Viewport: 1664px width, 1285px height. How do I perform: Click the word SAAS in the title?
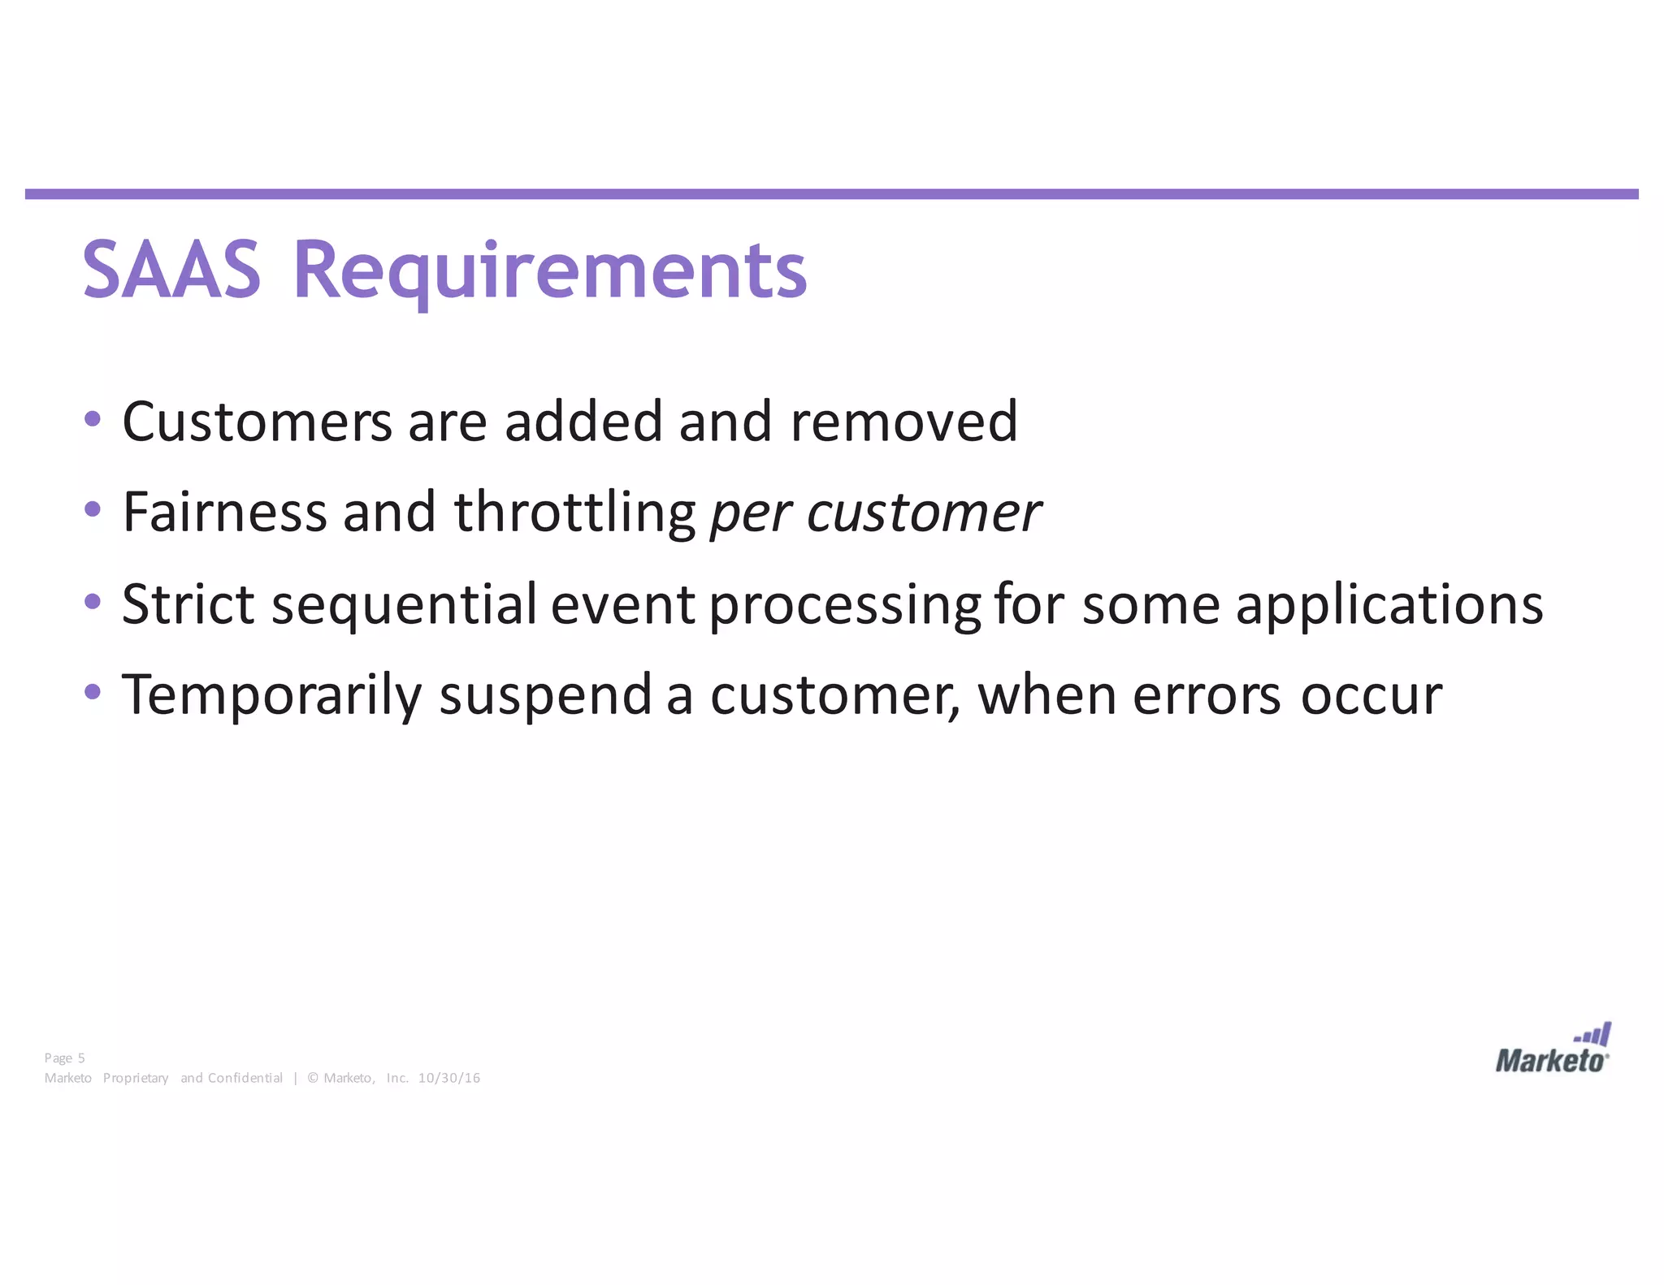click(171, 270)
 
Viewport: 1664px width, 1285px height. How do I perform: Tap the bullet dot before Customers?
click(93, 419)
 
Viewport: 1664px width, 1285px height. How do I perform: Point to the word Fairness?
click(224, 512)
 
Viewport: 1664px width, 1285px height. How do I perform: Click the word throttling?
click(574, 513)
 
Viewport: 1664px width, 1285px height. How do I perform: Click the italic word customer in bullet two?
click(923, 513)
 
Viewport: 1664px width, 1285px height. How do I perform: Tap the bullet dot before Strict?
click(93, 602)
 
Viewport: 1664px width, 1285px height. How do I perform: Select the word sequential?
click(404, 605)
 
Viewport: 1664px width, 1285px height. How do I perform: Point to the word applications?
click(1389, 605)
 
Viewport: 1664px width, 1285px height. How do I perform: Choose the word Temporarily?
click(271, 695)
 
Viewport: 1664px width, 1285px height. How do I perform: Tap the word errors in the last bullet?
click(1207, 696)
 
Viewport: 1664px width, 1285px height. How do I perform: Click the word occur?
click(1371, 696)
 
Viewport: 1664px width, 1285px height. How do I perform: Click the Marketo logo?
click(1553, 1049)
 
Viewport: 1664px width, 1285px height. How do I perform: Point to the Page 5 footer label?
click(64, 1058)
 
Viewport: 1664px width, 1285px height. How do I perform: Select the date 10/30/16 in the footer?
click(448, 1078)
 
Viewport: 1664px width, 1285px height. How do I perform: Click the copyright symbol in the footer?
click(313, 1078)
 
